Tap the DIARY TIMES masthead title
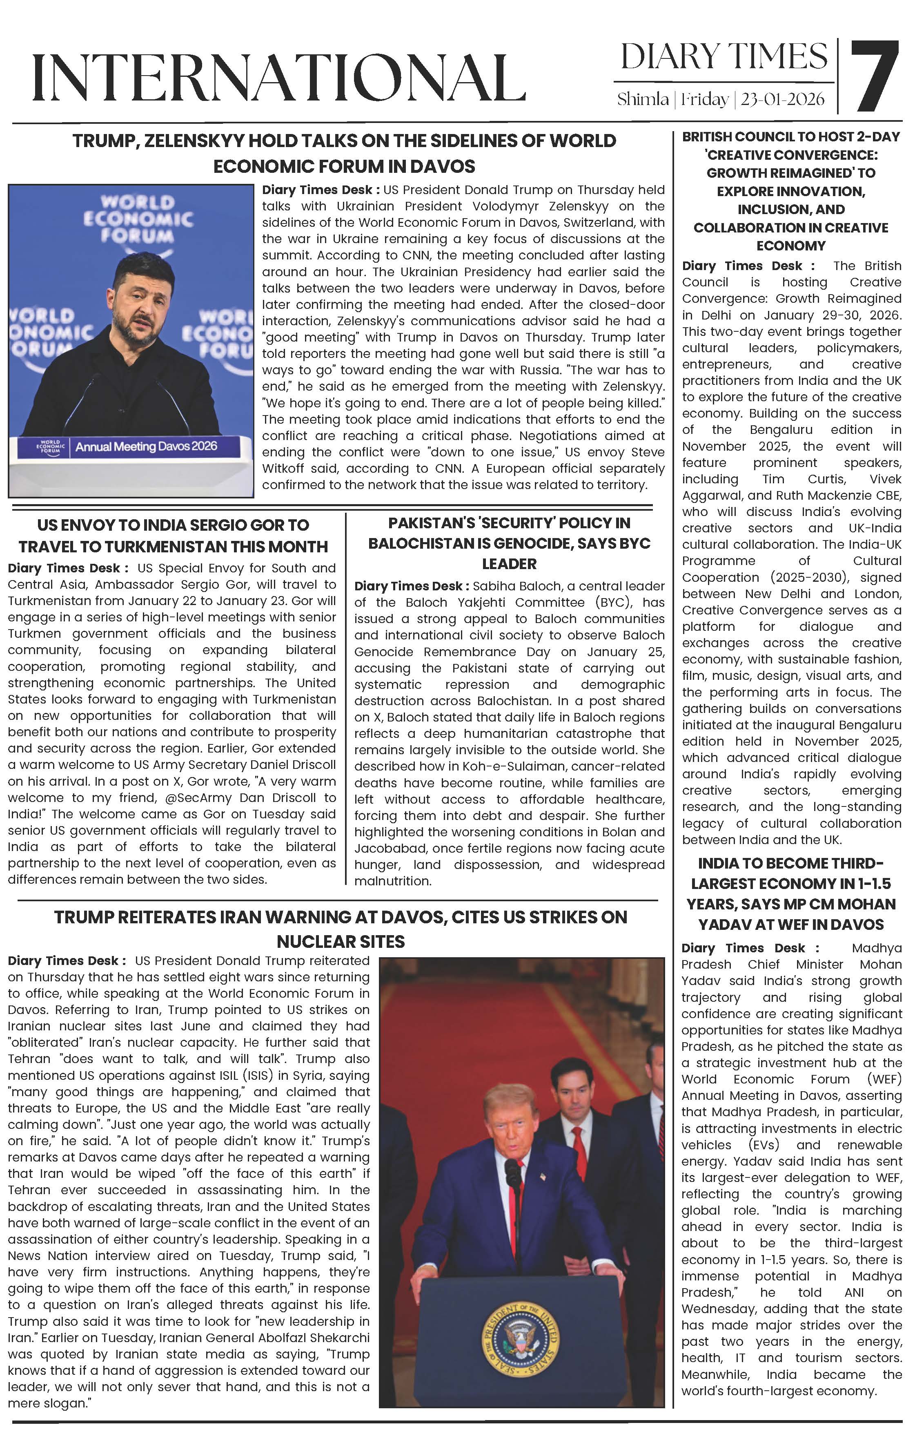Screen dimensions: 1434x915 (x=724, y=57)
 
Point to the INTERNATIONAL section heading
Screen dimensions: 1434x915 (x=278, y=77)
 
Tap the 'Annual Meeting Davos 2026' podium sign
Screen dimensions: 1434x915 (x=146, y=446)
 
